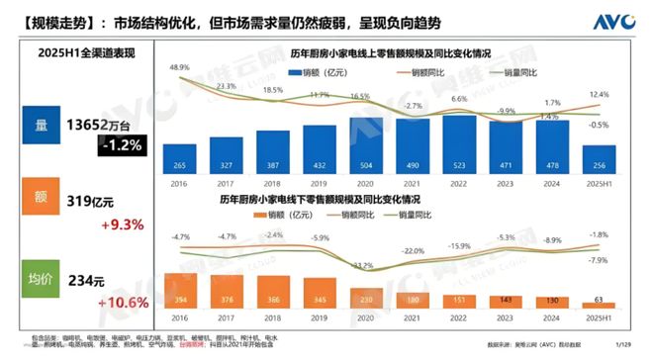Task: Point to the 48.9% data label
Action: point(179,67)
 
